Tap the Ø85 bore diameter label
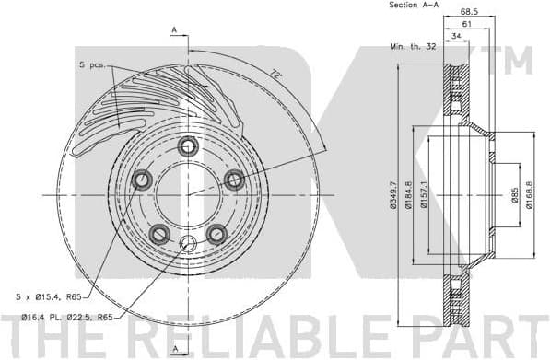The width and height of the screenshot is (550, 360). (515, 194)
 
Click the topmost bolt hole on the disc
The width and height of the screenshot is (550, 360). (189, 145)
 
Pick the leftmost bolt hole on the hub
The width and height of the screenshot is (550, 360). (143, 180)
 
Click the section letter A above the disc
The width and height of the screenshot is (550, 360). (174, 29)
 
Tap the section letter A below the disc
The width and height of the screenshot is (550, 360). (174, 348)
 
